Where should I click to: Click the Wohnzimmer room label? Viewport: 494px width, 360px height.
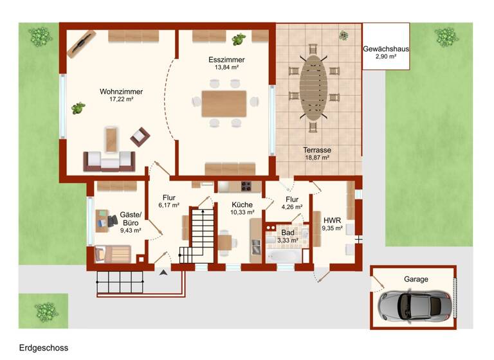(x=121, y=91)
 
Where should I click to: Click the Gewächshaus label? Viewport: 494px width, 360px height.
(x=386, y=49)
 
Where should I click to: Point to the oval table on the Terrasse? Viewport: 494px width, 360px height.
(x=313, y=88)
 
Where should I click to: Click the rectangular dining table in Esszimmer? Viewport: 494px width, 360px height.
(x=224, y=104)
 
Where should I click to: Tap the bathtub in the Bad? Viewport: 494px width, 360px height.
(x=281, y=256)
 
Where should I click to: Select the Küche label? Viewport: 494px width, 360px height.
(x=242, y=204)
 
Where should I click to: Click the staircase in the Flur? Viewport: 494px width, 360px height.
(x=194, y=235)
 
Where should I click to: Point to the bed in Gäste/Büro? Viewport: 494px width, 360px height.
(x=113, y=254)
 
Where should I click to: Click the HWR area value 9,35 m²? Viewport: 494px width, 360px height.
(x=333, y=228)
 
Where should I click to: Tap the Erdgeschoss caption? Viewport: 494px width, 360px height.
(x=43, y=348)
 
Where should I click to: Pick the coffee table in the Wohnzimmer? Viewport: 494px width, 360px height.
(x=113, y=140)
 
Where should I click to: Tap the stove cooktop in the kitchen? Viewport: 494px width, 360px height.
(x=246, y=187)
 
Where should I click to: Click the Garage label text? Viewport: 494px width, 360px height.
(x=416, y=279)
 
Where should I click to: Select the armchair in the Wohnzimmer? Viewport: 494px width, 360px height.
(x=140, y=136)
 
